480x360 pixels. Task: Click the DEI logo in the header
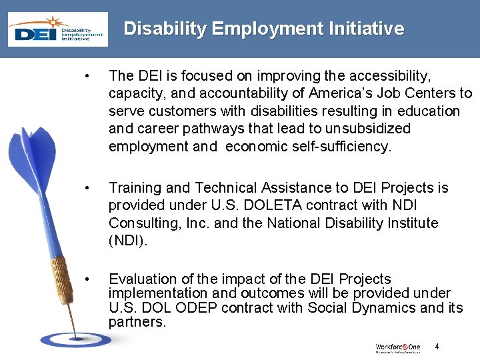tap(57, 31)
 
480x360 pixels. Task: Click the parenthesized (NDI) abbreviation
tap(127, 241)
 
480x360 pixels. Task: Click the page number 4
tap(437, 346)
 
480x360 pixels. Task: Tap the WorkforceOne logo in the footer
tap(397, 347)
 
